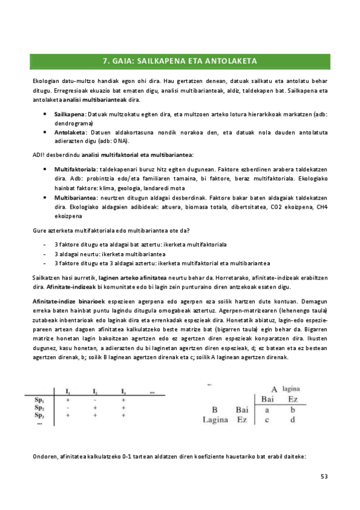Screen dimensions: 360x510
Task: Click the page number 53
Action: [x=324, y=477]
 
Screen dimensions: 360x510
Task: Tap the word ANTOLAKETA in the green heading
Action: [x=231, y=61]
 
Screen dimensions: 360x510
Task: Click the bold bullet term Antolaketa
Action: [x=70, y=132]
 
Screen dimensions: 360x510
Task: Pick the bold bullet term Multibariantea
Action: [x=75, y=197]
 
